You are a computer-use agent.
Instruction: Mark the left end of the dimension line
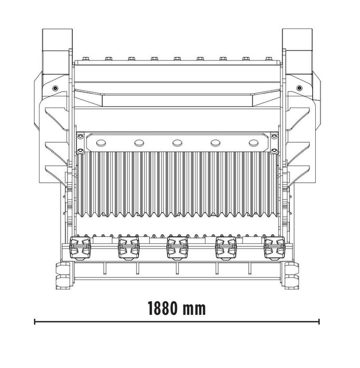(x=35, y=321)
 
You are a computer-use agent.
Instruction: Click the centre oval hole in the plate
(x=177, y=142)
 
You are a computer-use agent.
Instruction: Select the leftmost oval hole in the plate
(x=101, y=142)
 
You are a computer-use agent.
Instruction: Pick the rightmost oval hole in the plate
(x=254, y=142)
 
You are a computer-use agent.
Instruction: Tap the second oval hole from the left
(x=139, y=142)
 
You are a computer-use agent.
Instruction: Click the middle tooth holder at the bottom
(x=177, y=247)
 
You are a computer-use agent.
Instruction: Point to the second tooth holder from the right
(x=226, y=247)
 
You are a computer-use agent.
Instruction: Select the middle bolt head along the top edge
(x=177, y=58)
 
